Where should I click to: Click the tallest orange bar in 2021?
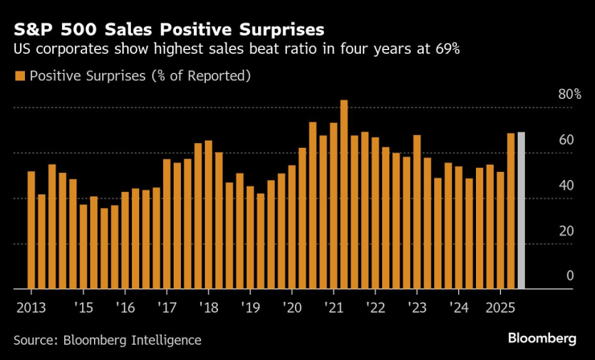[x=344, y=194]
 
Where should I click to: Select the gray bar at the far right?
[x=521, y=210]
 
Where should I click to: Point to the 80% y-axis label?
[x=570, y=94]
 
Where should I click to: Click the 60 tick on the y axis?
[x=566, y=140]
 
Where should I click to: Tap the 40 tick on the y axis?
[x=566, y=185]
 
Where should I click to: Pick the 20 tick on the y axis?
[x=566, y=231]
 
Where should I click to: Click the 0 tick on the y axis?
[x=569, y=276]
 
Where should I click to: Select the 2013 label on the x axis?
[x=31, y=307]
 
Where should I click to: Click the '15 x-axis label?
[x=83, y=307]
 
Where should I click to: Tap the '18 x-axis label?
[x=208, y=307]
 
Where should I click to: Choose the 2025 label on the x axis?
[x=500, y=307]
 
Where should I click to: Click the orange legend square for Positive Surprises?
[x=19, y=76]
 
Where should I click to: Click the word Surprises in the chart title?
[x=275, y=30]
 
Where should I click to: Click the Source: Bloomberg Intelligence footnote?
[x=108, y=339]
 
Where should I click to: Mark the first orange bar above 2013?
[x=31, y=229]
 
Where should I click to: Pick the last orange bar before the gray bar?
[x=511, y=210]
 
